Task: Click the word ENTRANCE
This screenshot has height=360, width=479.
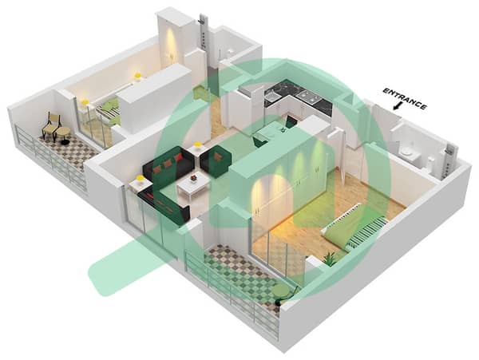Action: click(405, 99)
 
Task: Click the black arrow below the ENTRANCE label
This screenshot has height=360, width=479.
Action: click(398, 106)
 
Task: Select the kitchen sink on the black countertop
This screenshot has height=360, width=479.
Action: click(271, 97)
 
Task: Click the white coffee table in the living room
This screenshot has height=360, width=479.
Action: click(194, 184)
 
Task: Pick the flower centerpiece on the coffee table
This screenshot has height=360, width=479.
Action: click(193, 178)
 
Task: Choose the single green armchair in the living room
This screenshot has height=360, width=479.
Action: click(216, 161)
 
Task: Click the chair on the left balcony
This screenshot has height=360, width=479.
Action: click(52, 125)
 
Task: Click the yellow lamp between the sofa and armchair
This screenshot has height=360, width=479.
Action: click(198, 146)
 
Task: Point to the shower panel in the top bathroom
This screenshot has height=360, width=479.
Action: click(203, 30)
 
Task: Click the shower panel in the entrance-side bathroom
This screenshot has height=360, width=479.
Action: click(449, 161)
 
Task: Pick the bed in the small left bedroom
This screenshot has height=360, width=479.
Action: click(108, 113)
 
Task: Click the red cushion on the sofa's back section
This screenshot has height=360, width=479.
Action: click(178, 158)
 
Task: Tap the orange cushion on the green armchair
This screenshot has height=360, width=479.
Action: click(217, 157)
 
